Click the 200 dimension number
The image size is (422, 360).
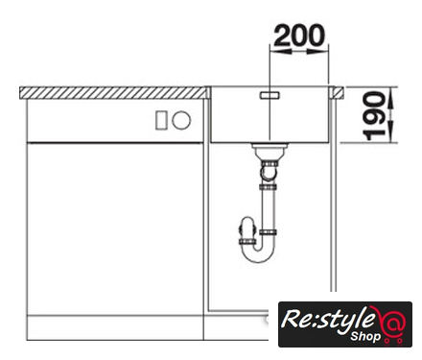click(x=299, y=35)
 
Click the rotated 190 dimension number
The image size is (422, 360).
click(x=374, y=116)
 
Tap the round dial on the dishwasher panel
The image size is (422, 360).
click(x=181, y=120)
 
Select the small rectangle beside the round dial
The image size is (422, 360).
click(x=161, y=120)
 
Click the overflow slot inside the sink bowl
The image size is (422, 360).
click(x=270, y=95)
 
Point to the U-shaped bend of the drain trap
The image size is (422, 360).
click(x=257, y=252)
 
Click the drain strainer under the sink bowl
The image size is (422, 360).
click(x=270, y=148)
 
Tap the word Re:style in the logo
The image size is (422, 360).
click(x=327, y=320)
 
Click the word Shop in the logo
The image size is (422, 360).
click(x=365, y=336)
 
